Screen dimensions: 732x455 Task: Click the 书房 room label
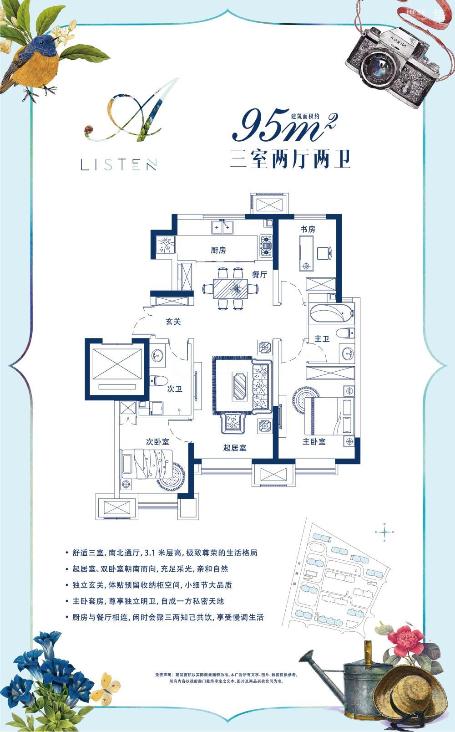pyautogui.click(x=308, y=229)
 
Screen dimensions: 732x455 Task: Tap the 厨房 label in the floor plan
pyautogui.click(x=218, y=250)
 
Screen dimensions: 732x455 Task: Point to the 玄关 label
pyautogui.click(x=173, y=322)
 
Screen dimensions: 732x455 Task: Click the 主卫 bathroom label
pyautogui.click(x=322, y=339)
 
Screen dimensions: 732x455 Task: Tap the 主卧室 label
pyautogui.click(x=314, y=441)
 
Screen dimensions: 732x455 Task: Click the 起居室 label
pyautogui.click(x=235, y=448)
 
